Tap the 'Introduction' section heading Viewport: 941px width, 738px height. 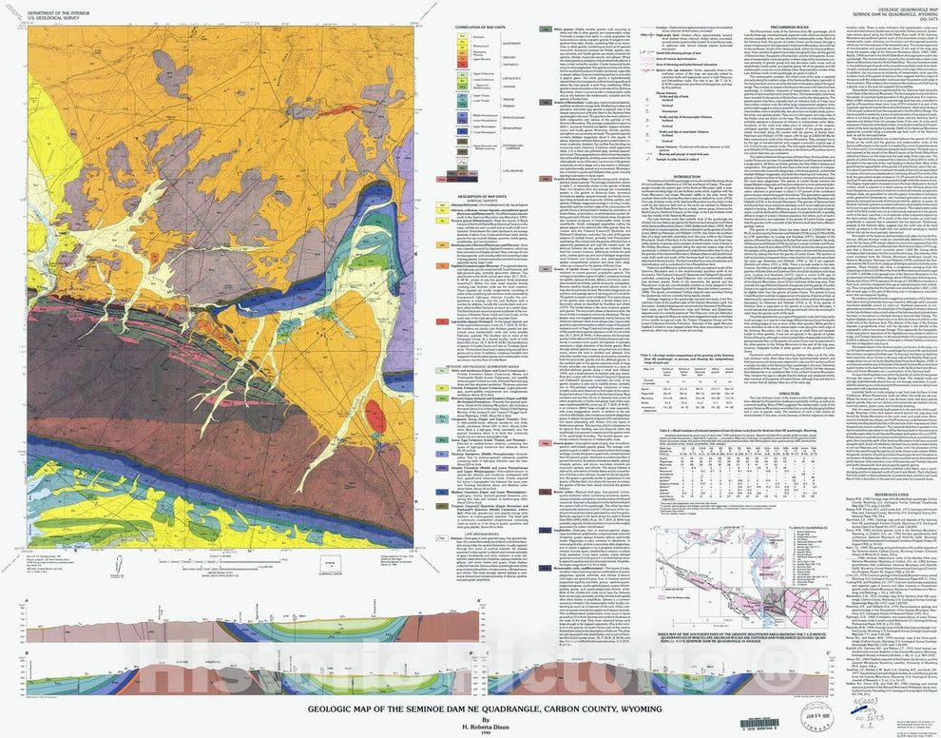pos(686,177)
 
